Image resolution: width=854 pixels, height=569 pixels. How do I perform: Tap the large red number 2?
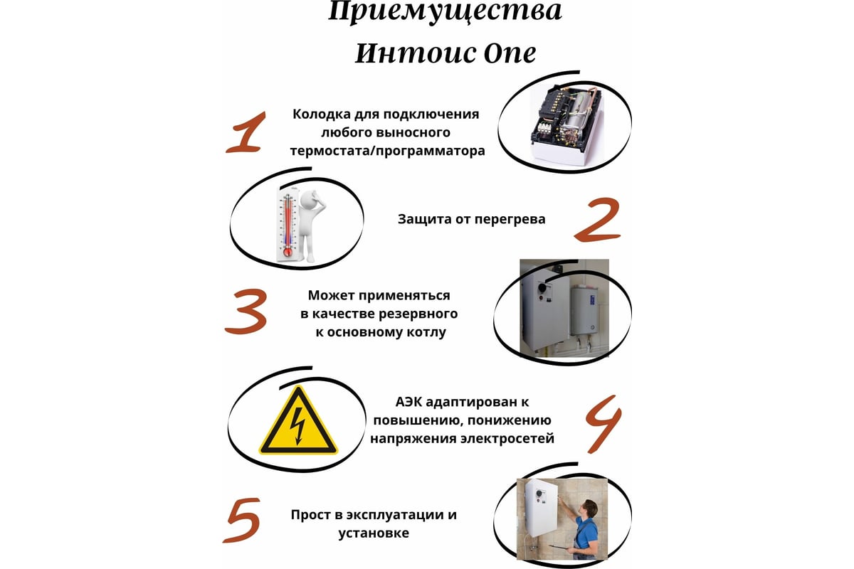598,220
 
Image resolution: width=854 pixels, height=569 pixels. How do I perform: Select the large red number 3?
246,312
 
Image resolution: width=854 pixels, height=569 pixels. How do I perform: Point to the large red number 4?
603,424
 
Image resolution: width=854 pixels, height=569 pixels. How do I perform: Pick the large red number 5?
242,520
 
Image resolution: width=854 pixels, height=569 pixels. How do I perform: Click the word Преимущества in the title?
445,11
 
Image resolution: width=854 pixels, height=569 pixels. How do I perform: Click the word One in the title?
510,53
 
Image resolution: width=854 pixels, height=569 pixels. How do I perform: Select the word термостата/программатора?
387,151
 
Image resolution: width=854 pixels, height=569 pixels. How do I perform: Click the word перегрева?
510,220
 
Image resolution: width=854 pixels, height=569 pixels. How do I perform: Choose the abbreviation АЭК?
408,402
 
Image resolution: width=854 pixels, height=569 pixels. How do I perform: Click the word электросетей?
507,439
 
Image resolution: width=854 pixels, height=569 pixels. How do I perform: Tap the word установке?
374,533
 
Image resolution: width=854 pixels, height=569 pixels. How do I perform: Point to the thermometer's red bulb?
287,252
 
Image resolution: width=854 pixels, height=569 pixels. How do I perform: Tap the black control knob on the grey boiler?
541,286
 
